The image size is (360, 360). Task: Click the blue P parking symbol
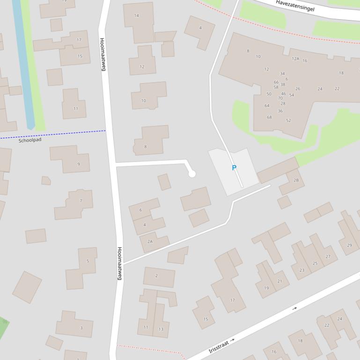pos(234,168)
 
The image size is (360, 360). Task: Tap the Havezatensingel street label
pos(295,6)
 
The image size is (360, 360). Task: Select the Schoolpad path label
pos(30,140)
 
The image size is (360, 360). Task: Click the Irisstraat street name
pos(219,346)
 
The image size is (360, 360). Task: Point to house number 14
pos(136,15)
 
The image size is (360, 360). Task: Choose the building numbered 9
pos(78,164)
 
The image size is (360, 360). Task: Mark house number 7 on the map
pos(81,201)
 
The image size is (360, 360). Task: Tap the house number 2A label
pos(150,242)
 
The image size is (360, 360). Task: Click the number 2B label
pos(296,180)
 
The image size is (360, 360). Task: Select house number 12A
pos(295,59)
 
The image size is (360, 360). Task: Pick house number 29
pos(349,245)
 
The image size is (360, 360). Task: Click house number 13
pos(161,329)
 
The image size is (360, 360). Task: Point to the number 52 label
pos(288,121)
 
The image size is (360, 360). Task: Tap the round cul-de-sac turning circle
pos(191,174)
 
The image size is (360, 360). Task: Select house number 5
pos(88,261)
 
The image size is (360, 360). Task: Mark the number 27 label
pos(328,256)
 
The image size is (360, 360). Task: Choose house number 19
pos(266,288)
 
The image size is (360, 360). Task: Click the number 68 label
pos(269,117)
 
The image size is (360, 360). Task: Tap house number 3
pos(81,328)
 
